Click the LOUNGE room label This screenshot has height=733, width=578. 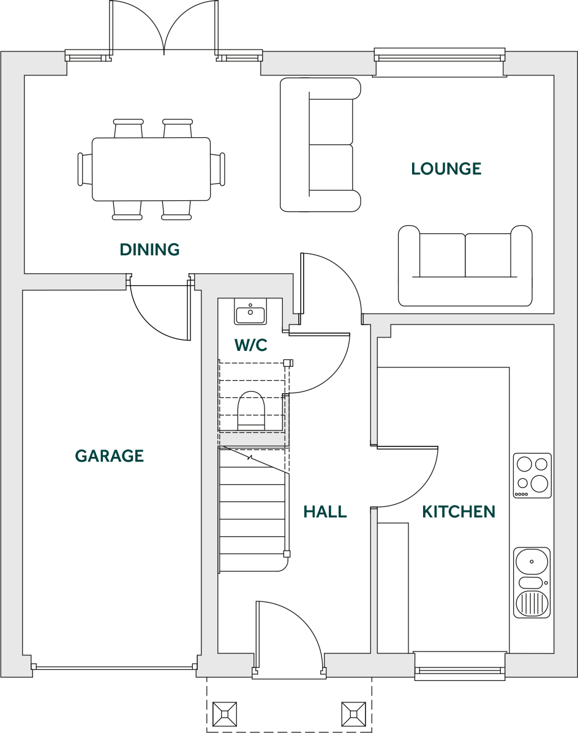[446, 169]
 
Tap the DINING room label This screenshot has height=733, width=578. [150, 250]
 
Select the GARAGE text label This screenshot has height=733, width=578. [110, 456]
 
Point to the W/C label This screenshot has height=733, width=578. [251, 345]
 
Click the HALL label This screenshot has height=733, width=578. [325, 512]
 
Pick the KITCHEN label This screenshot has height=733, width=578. [459, 512]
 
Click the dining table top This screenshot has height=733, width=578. [151, 169]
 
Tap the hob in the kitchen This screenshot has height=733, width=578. [532, 475]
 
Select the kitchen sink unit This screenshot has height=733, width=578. [531, 582]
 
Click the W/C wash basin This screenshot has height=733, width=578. [250, 314]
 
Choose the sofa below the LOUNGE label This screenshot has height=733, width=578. [465, 265]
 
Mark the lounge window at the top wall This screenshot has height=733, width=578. [439, 58]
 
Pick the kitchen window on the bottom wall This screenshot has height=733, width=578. [460, 665]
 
